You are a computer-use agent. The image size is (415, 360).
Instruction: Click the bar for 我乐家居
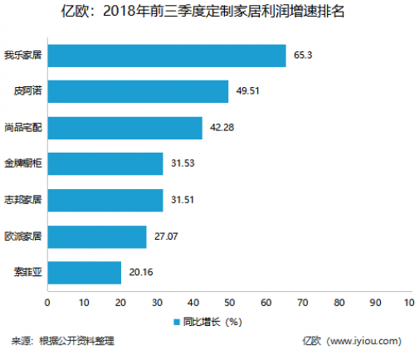tap(166, 56)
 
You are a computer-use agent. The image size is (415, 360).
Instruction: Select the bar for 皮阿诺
tap(137, 91)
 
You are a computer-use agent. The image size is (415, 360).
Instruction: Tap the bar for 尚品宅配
tap(124, 128)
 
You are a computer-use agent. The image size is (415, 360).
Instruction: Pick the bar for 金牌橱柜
tap(105, 163)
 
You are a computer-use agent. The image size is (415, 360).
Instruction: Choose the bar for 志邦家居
tap(105, 200)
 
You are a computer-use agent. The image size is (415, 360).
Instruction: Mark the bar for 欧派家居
tap(96, 236)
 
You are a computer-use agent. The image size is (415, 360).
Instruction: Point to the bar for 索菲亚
tap(84, 272)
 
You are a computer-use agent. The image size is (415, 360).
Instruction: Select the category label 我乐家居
tap(22, 56)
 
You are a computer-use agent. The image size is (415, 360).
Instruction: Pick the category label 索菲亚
tap(27, 272)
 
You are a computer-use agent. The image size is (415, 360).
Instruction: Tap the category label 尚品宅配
tap(22, 128)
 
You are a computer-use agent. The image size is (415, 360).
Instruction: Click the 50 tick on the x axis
tap(229, 302)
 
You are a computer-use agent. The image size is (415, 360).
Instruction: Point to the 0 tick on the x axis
tap(47, 302)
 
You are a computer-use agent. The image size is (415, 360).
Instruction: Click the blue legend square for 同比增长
tap(177, 321)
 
